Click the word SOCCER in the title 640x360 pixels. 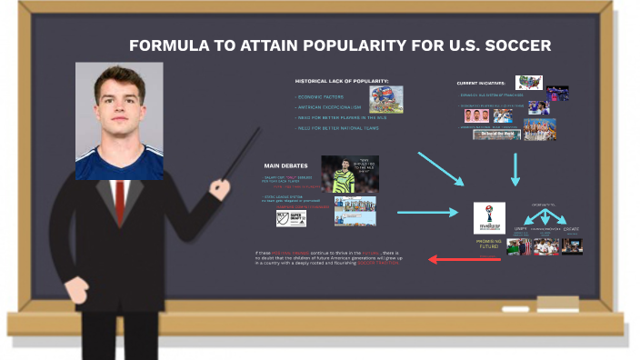click(x=517, y=46)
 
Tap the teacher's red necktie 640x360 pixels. click(x=119, y=203)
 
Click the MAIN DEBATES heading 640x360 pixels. click(x=285, y=166)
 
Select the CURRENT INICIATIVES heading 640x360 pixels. click(x=481, y=83)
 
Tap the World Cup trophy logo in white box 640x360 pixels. click(x=489, y=218)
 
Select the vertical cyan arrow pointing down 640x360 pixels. click(x=515, y=169)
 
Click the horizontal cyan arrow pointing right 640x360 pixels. click(x=428, y=213)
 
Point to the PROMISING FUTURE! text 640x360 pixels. click(x=489, y=244)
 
